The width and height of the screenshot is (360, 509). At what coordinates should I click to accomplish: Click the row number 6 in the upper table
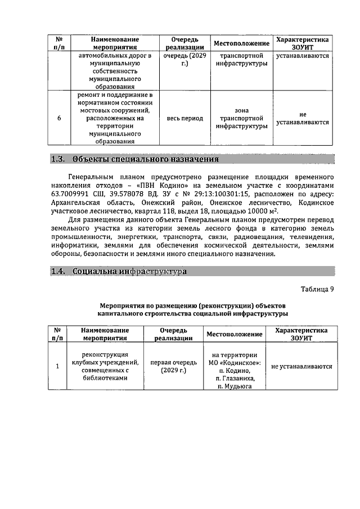[59, 119]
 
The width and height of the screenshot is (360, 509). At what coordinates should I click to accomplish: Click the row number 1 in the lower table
[57, 367]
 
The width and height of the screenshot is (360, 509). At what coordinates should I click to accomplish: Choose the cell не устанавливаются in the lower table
[301, 367]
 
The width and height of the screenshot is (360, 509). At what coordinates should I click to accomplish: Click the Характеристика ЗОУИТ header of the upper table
[302, 43]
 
